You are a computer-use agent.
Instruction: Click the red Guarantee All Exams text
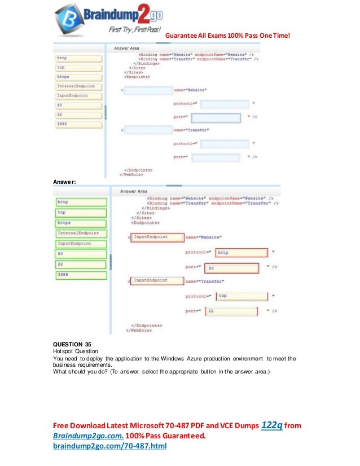228,36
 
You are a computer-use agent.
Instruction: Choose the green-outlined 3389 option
81,275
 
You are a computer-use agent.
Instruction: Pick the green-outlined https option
81,223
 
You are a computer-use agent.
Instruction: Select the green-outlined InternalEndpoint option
81,233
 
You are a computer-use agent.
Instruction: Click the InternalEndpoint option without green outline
78,86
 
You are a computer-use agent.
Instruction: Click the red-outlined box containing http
241,253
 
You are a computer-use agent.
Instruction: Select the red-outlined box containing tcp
241,295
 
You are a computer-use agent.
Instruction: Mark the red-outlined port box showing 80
231,268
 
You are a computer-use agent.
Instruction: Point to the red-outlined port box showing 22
231,310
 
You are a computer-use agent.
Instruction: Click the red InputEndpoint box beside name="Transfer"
157,280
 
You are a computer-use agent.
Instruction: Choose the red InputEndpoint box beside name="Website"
157,238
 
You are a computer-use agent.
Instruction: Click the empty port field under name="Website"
219,118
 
